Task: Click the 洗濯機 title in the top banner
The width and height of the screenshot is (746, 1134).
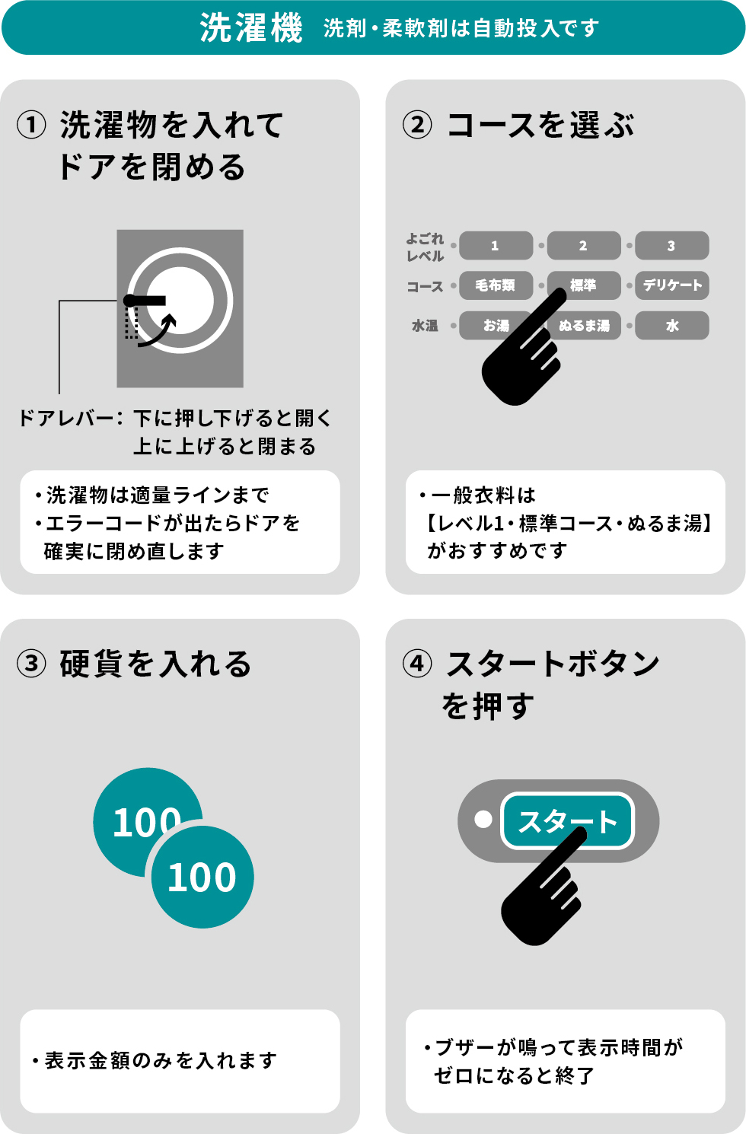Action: coord(251,28)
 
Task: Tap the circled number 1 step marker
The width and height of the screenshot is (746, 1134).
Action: coord(31,125)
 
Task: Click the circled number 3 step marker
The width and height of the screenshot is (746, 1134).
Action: coord(31,664)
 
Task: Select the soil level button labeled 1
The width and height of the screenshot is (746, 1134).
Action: coord(496,246)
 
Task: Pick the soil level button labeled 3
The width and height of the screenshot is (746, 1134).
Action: coord(671,246)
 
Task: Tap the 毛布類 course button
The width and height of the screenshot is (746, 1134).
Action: coord(496,285)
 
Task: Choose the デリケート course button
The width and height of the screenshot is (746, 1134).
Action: coord(671,285)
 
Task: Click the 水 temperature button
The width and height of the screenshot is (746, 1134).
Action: coord(671,326)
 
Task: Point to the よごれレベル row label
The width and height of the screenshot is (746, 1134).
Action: coord(425,247)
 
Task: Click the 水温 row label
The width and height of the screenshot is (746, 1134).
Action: coord(425,326)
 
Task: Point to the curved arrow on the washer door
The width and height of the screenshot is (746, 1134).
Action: coord(160,331)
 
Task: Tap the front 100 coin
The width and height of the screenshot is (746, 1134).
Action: coord(202,878)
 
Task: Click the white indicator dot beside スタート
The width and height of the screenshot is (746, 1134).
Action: coord(483,820)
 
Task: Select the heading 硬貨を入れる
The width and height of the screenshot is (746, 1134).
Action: coord(155,664)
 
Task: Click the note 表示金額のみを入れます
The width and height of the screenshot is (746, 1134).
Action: coord(161,1060)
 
